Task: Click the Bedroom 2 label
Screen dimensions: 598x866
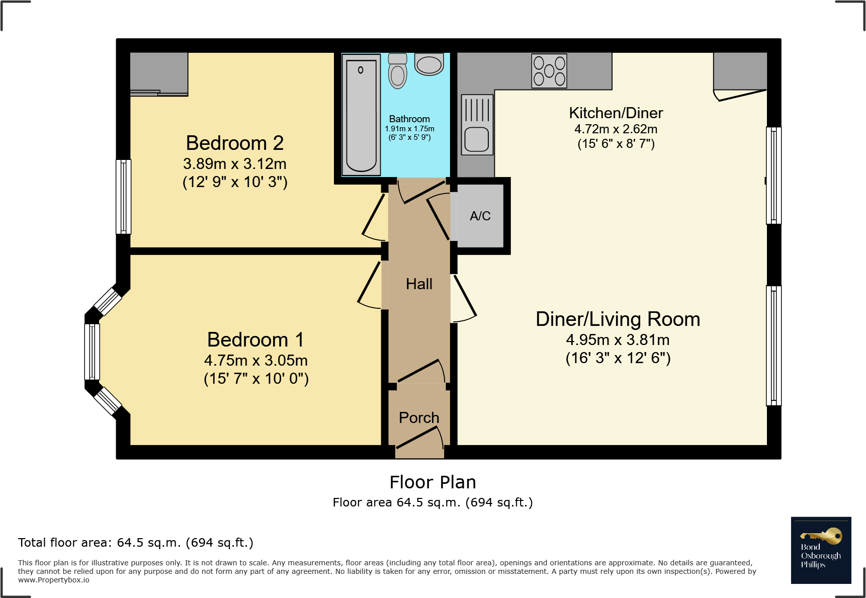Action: coord(235,143)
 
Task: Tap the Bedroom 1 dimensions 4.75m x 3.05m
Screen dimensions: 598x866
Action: coord(255,361)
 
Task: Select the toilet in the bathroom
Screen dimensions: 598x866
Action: coord(398,72)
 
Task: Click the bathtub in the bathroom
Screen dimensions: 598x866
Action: coord(361,115)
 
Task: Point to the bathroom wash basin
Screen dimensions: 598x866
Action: coord(429,64)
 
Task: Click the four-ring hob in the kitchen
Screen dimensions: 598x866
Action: coord(549,71)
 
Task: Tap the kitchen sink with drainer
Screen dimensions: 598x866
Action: coord(477,125)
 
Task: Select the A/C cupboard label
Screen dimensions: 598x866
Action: coord(480,216)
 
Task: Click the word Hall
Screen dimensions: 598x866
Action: coord(419,284)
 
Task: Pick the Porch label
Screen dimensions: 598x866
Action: coord(419,418)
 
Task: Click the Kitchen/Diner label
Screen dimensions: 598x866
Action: coord(616,113)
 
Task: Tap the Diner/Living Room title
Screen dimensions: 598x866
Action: coord(618,319)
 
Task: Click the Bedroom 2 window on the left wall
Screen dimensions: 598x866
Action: coord(123,197)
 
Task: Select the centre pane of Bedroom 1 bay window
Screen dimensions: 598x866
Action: coord(92,352)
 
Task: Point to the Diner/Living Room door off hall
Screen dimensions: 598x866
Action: coord(464,299)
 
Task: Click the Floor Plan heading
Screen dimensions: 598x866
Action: coord(432,482)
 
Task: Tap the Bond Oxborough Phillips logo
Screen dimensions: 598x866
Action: coord(821,550)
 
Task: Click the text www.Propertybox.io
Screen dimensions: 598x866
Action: coord(54,580)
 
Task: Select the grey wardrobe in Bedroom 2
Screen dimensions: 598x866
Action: coord(159,73)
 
